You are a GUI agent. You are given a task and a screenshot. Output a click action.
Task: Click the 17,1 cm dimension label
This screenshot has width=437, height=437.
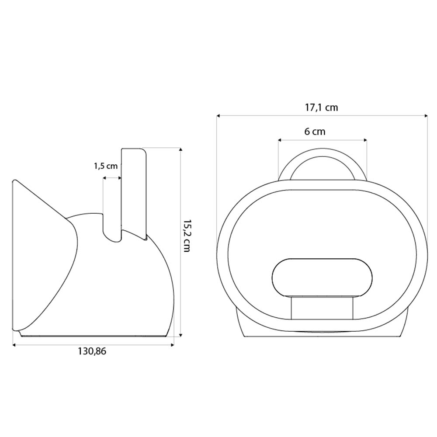(x=321, y=108)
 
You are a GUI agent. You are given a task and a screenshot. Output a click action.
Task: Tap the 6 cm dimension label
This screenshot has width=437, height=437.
(x=315, y=132)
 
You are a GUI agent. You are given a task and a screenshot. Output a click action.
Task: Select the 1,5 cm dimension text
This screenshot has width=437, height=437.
(x=105, y=166)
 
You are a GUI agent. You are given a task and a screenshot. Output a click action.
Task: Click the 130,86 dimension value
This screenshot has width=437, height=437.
(x=92, y=351)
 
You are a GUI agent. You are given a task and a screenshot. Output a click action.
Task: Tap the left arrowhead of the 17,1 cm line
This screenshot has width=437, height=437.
(x=218, y=116)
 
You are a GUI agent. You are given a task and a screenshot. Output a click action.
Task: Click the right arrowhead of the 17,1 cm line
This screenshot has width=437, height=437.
(x=426, y=116)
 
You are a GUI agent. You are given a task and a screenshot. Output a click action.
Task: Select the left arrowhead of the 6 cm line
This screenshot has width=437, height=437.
(x=280, y=140)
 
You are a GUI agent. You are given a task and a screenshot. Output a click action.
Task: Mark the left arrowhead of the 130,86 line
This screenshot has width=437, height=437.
(x=14, y=345)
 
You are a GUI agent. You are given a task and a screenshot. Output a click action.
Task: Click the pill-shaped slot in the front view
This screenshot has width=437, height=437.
(x=323, y=277)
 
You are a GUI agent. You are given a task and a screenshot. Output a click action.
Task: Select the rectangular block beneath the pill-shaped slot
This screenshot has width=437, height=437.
(x=323, y=308)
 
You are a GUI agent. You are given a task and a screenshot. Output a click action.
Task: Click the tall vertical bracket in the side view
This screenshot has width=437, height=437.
(x=133, y=192)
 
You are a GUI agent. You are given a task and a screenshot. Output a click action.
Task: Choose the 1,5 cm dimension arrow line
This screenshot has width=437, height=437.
(x=112, y=178)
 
